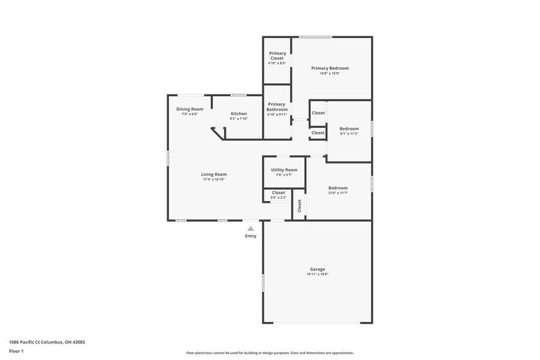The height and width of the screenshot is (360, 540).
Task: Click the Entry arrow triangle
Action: (x=250, y=228)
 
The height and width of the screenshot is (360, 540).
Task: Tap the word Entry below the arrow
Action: (x=250, y=236)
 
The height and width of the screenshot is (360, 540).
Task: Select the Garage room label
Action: (x=317, y=269)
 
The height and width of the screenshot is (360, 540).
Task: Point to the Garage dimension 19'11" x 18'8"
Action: (x=317, y=274)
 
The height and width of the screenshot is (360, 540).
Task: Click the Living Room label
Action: (x=214, y=174)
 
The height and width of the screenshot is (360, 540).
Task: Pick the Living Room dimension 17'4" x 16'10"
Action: (x=214, y=179)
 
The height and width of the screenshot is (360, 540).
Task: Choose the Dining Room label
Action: (x=189, y=109)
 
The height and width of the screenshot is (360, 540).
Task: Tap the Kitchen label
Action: (x=239, y=113)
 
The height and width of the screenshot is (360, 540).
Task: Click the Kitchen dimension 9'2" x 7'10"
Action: (x=239, y=118)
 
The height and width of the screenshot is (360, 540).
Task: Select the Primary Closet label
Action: (x=277, y=56)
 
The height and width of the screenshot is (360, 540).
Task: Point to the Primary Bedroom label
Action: (x=330, y=68)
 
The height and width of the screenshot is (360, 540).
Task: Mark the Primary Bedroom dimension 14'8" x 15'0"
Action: (x=330, y=73)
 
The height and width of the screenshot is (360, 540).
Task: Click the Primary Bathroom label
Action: (x=277, y=107)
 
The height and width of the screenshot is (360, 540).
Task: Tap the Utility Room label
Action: (x=284, y=170)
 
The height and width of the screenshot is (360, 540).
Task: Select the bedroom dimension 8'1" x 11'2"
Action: (x=349, y=133)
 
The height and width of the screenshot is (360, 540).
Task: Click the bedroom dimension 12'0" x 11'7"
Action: (x=337, y=193)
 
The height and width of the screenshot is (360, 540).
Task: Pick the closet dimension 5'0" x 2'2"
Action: (x=278, y=198)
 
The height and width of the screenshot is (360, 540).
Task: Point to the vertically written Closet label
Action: (x=299, y=206)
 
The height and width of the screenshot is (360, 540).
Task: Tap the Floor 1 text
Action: (x=16, y=351)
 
